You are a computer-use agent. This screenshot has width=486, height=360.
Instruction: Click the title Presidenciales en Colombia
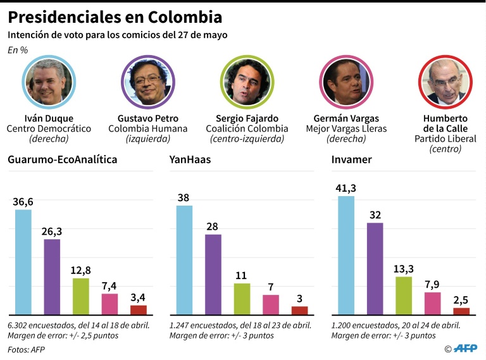115,15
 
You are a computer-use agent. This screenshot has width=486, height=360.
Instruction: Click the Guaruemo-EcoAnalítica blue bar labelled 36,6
23,262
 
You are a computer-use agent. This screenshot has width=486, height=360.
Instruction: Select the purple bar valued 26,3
52,276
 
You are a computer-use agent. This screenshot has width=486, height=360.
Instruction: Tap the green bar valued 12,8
81,296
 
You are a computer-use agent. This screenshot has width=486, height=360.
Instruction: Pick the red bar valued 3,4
139,310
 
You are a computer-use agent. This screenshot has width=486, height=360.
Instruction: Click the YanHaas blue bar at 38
184,260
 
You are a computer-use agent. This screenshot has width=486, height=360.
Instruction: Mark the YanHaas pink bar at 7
271,304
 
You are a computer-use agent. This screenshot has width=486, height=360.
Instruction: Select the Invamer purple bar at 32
375,269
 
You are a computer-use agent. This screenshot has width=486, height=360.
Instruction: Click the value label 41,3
347,188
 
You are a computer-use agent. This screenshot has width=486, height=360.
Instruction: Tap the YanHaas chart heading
190,159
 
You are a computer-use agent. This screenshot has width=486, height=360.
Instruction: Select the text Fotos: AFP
26,349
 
